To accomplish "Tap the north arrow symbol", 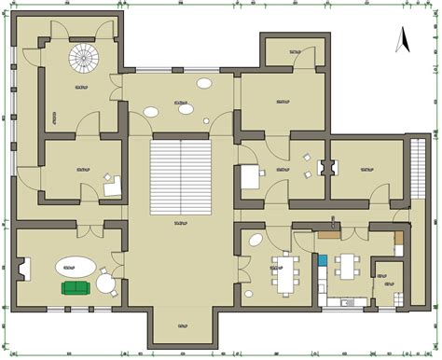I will pyautogui.click(x=405, y=40).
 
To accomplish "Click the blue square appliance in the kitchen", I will pyautogui.click(x=323, y=260).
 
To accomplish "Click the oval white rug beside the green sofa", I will pyautogui.click(x=74, y=266).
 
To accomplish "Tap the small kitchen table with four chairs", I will pyautogui.click(x=348, y=264).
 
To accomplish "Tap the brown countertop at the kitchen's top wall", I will pyautogui.click(x=327, y=235).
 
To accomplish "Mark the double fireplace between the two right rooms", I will pyautogui.click(x=326, y=169).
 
